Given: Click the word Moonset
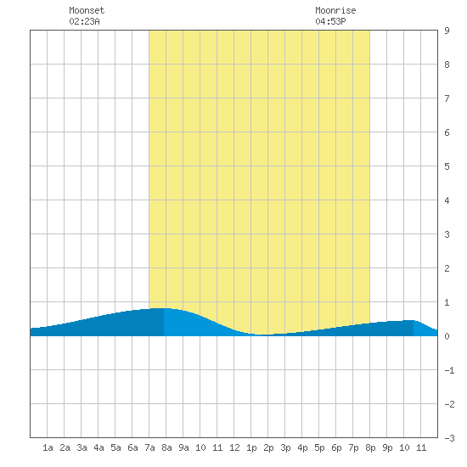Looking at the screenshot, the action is [87, 10].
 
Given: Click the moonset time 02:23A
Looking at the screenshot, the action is [84, 21].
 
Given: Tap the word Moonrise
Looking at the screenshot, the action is [335, 10].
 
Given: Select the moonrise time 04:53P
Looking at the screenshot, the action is [330, 21].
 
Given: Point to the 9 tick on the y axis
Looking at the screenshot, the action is [447, 31].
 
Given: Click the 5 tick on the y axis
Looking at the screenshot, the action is [447, 166].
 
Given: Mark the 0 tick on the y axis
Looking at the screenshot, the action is [447, 336].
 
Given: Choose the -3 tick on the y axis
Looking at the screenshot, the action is [449, 438].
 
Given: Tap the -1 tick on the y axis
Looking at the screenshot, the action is [449, 370].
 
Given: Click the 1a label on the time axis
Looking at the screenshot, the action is [48, 447].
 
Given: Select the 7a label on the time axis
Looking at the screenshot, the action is [149, 447].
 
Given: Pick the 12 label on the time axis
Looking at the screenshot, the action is [234, 447].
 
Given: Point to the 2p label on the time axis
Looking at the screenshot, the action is [268, 447].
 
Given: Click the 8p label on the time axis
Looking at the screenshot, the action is [370, 447].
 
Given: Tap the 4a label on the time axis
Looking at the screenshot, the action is [98, 447].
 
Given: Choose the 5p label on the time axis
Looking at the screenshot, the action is [319, 447].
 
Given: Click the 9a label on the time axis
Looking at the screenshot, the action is [183, 447].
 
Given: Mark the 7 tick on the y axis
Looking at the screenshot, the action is [447, 98].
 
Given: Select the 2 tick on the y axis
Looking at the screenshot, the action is [447, 268].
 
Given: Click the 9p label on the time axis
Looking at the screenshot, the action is [387, 447].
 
